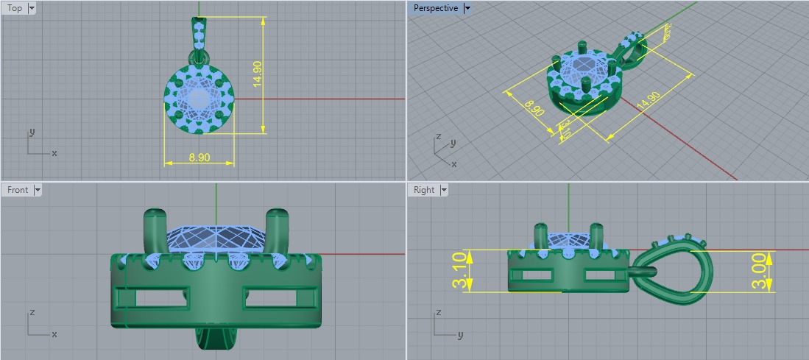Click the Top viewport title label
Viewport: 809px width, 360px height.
coord(15,8)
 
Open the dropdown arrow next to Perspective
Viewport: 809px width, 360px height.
coord(467,8)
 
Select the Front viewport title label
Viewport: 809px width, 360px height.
coord(18,190)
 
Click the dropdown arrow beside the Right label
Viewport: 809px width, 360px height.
coord(444,190)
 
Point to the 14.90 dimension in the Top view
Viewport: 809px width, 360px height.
coord(257,74)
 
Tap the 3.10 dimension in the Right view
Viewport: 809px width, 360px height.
coord(459,271)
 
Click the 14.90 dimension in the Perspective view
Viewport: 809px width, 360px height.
coord(649,101)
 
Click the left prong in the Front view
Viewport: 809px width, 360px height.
coord(155,229)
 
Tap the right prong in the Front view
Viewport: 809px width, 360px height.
coord(277,229)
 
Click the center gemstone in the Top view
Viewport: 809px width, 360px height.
coord(198,99)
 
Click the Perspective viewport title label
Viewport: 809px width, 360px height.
coord(435,8)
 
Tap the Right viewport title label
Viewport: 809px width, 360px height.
coord(424,190)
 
